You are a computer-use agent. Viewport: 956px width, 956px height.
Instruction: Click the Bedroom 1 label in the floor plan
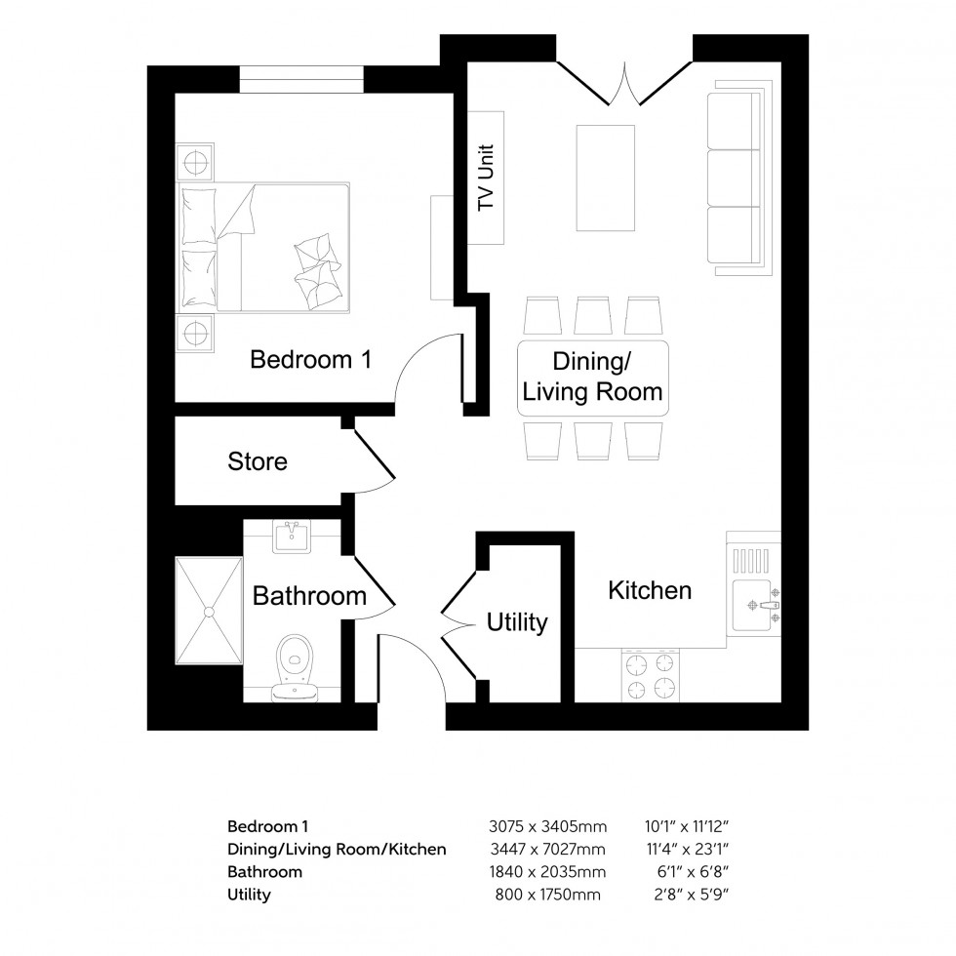(310, 360)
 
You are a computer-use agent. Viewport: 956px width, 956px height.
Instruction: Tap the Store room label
(258, 461)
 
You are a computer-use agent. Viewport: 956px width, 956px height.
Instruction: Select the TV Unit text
(485, 179)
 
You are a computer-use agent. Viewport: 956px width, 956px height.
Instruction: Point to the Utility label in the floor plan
(517, 622)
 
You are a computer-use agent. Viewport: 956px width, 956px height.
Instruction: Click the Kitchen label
(650, 590)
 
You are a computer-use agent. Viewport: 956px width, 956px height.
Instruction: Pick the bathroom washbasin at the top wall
(292, 537)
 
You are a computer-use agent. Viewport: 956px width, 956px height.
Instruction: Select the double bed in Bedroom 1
(263, 248)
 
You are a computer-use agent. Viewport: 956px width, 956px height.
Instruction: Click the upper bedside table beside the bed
(193, 161)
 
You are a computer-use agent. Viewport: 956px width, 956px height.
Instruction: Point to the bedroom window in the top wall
(302, 79)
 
